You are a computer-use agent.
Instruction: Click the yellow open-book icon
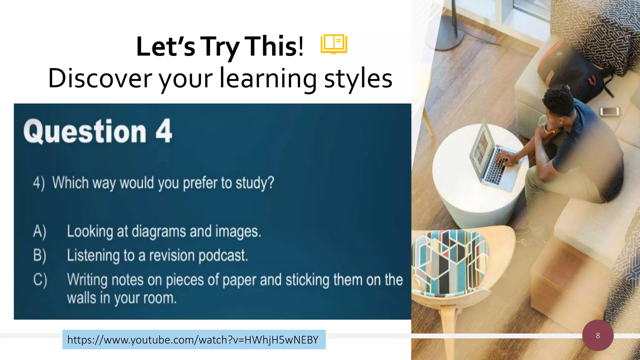334,44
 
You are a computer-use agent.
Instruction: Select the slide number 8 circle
597,335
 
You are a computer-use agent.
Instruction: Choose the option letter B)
40,255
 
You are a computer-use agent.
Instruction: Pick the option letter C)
40,280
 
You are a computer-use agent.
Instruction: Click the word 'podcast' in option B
223,256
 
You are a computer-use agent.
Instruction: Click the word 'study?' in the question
255,183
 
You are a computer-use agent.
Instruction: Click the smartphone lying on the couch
609,111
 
